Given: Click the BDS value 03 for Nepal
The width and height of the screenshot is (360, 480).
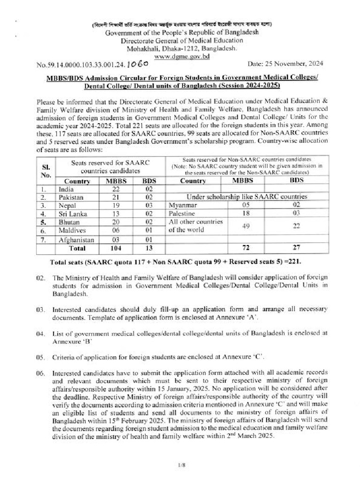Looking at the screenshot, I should pos(150,206).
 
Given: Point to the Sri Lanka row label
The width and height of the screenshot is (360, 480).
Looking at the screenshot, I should pos(71,214).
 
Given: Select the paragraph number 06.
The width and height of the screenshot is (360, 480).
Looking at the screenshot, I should pos(41,374).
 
